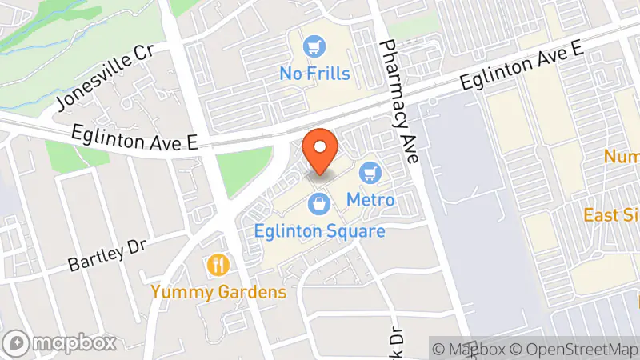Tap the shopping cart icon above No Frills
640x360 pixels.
315,47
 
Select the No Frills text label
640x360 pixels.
314,74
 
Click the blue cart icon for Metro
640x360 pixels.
370,172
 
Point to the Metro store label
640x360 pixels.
370,198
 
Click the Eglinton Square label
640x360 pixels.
320,231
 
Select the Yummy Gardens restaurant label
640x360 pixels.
218,291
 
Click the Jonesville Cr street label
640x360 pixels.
104,78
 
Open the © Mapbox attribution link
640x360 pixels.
470,349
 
